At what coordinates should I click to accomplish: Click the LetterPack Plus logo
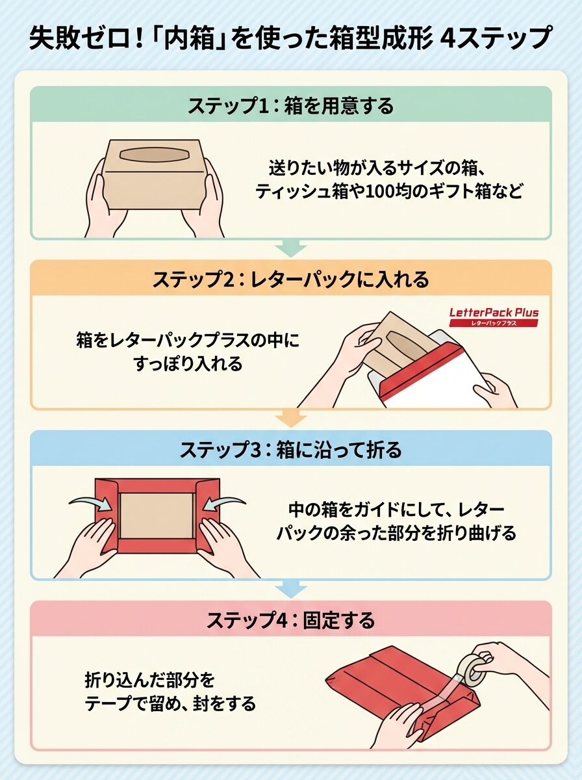(x=494, y=317)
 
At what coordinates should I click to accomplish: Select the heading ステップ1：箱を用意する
(x=291, y=106)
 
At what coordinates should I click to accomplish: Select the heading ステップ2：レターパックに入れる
(x=291, y=279)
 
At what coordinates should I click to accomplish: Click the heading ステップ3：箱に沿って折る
(x=291, y=450)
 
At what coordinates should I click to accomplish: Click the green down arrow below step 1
(x=291, y=248)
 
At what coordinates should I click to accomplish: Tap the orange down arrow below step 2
(x=291, y=419)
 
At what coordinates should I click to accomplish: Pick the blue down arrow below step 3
(x=291, y=589)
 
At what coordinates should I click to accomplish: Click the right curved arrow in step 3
(x=223, y=501)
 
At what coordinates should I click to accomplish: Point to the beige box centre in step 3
(x=157, y=515)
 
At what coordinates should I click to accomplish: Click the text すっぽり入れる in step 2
(x=188, y=364)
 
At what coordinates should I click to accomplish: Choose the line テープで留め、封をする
(x=170, y=702)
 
